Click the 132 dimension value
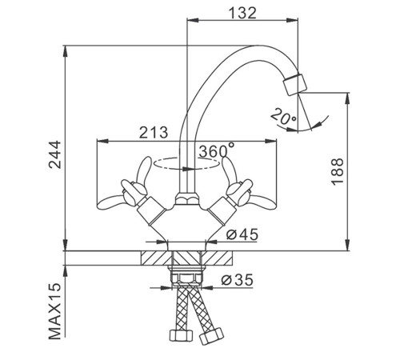[243, 13]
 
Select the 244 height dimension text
[55, 154]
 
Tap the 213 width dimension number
[154, 132]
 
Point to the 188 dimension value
[337, 171]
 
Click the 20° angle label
[283, 116]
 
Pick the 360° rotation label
[217, 150]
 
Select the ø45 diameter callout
[242, 234]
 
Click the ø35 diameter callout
[237, 280]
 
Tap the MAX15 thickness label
[55, 311]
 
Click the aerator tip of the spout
[295, 84]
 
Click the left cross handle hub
[134, 193]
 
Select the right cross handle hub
[239, 193]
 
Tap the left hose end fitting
[181, 335]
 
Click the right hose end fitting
[211, 337]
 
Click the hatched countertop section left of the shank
[156, 258]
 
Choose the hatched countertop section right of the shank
[217, 258]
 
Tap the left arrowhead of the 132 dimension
[193, 20]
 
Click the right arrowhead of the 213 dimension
[271, 141]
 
